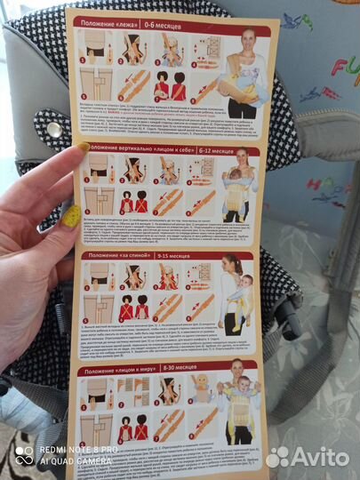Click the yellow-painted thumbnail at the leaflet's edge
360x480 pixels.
pos(82,145)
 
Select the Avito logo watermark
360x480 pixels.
pos(308,457)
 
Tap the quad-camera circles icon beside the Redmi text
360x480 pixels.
pos(24,456)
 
